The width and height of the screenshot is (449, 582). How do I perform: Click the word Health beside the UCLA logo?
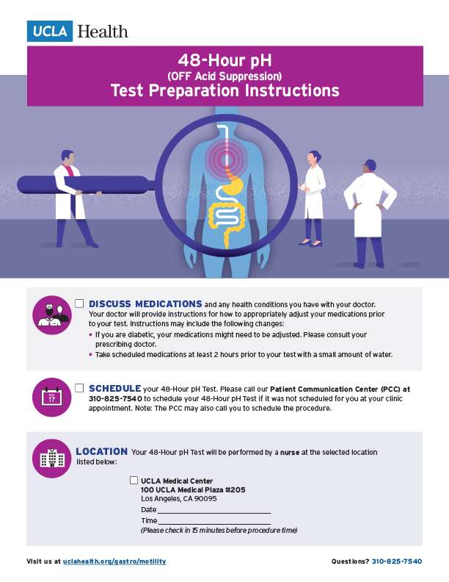coord(102,32)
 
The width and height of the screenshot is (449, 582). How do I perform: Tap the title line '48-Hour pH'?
coord(224,60)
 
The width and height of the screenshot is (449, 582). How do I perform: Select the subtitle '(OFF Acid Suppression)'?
coord(224,75)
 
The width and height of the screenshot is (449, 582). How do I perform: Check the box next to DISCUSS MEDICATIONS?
coord(79,303)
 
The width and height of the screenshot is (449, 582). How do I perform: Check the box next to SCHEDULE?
coord(79,387)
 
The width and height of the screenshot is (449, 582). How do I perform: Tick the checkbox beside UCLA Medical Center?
coord(134,480)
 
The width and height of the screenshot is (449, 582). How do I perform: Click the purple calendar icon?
coord(51,398)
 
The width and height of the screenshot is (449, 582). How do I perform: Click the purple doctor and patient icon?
coord(51,315)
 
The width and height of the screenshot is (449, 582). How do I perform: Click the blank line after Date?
coord(214,510)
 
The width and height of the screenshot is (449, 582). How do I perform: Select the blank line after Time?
coord(214,521)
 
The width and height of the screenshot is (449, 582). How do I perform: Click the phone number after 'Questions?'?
coord(397,561)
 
